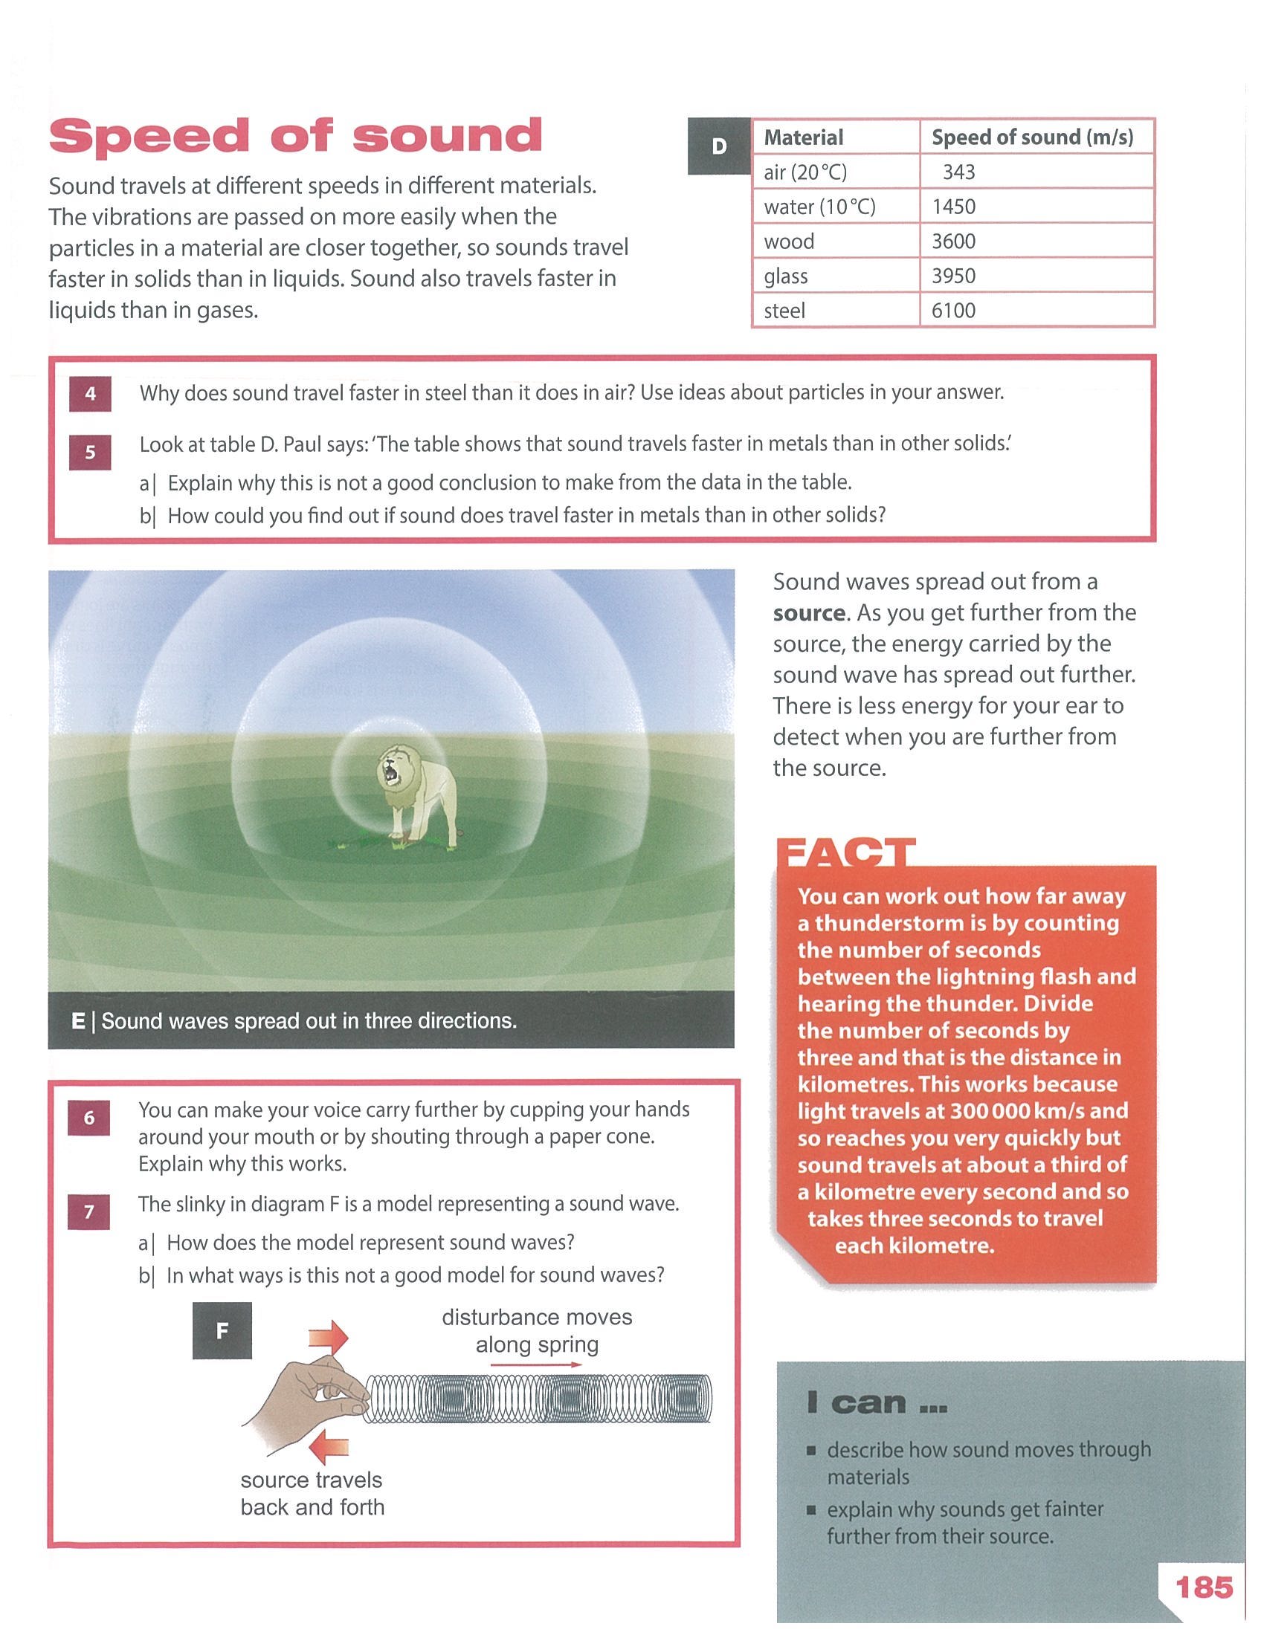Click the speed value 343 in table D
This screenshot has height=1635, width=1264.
pyautogui.click(x=958, y=172)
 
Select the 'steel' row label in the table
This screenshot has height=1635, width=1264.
pyautogui.click(x=784, y=311)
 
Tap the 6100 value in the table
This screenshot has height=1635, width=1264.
pyautogui.click(x=953, y=311)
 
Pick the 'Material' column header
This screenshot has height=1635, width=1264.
pyautogui.click(x=804, y=137)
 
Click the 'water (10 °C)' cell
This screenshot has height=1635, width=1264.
pyautogui.click(x=819, y=207)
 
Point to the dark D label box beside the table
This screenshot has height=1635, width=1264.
pyautogui.click(x=719, y=146)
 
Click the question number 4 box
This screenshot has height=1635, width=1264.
pyautogui.click(x=90, y=393)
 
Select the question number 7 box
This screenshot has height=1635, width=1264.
pyautogui.click(x=88, y=1211)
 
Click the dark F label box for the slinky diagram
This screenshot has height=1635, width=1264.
pyautogui.click(x=222, y=1330)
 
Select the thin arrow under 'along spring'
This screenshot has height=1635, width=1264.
pyautogui.click(x=536, y=1364)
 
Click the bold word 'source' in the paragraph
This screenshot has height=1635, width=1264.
pyautogui.click(x=809, y=613)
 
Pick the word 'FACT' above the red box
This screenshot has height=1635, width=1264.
pyautogui.click(x=846, y=853)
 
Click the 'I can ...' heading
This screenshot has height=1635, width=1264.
pyautogui.click(x=877, y=1402)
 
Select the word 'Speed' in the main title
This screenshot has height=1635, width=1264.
pyautogui.click(x=148, y=136)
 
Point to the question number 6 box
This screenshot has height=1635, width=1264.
pyautogui.click(x=88, y=1118)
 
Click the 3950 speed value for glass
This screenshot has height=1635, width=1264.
pyautogui.click(x=953, y=276)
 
